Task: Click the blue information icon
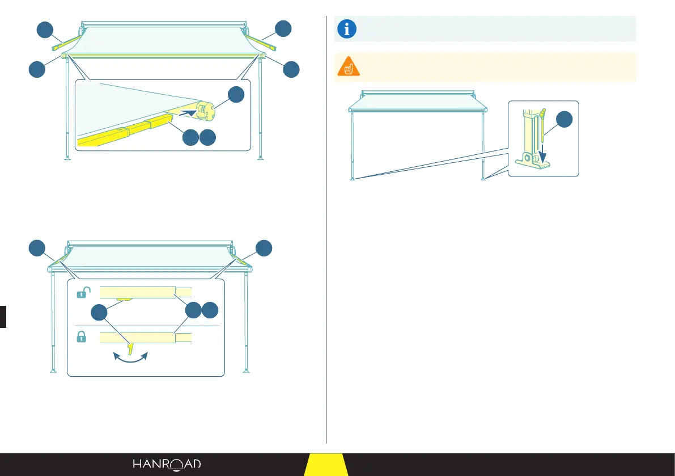[x=346, y=29]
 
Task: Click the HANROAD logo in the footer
[x=167, y=464]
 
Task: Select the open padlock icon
[x=83, y=293]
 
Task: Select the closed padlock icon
[x=82, y=337]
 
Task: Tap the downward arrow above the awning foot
[x=544, y=151]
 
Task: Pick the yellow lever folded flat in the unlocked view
[x=125, y=297]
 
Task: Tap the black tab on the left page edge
[x=3, y=317]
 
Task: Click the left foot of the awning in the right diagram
[x=353, y=179]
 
